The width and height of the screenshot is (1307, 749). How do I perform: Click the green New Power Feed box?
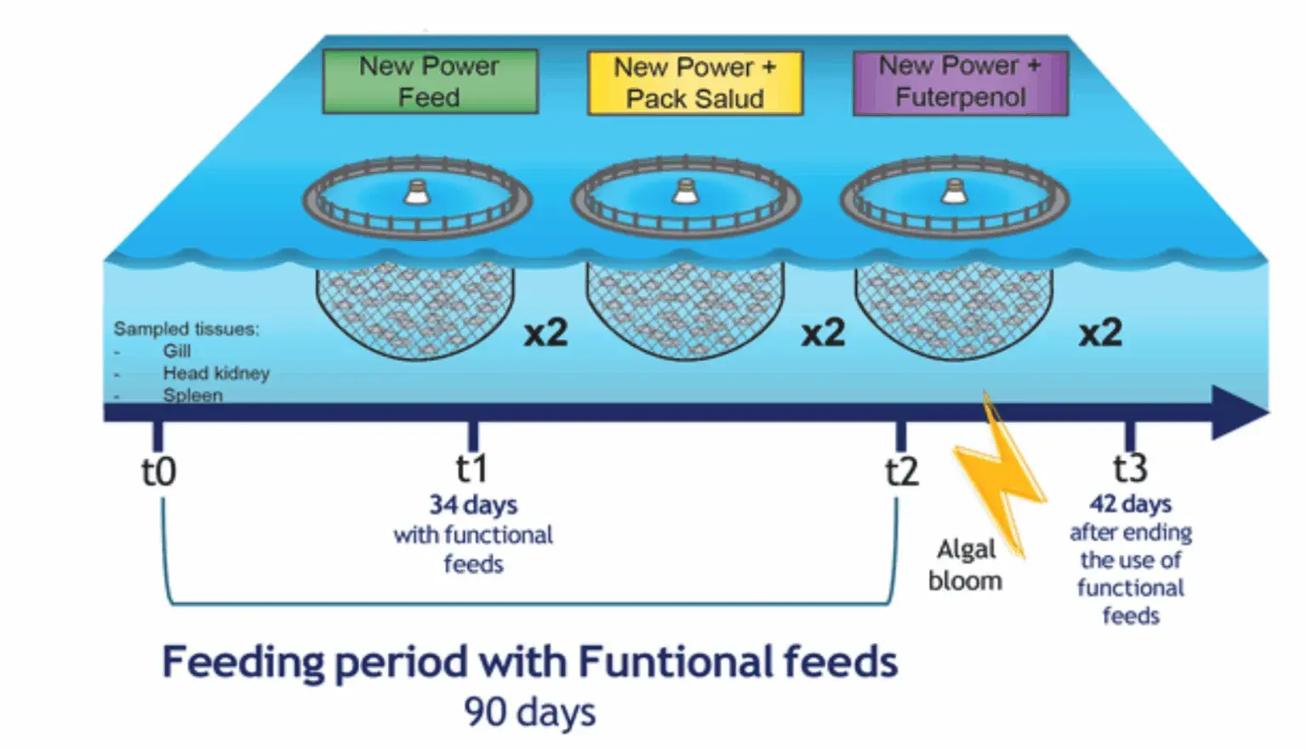430,81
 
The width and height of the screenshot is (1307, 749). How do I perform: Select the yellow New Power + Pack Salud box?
695,83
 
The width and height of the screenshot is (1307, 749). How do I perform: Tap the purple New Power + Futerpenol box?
961,83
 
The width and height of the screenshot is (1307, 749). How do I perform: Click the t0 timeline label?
159,472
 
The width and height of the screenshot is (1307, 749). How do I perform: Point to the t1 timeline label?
471,468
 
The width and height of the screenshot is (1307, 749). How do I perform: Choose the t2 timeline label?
902,472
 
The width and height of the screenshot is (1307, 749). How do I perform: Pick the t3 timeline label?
1130,467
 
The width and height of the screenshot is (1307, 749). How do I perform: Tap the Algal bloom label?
966,564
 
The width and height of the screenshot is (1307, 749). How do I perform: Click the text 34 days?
473,505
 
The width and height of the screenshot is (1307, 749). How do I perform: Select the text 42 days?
1130,504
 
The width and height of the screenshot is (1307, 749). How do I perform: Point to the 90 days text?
530,712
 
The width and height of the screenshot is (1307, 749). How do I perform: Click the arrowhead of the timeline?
1238,412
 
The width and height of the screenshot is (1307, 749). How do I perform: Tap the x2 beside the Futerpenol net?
1100,333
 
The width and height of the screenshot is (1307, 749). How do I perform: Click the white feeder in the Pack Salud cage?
686,192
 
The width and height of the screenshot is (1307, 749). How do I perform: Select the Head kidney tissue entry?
216,373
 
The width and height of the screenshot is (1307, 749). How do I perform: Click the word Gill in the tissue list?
177,351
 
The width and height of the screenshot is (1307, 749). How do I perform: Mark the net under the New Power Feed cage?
415,312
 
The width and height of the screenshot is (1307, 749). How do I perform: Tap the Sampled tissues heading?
186,329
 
